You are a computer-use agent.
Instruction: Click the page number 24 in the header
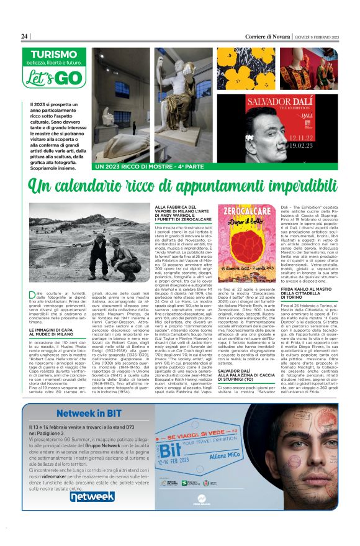coord(25,37)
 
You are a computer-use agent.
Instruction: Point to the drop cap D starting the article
coord(34,295)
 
